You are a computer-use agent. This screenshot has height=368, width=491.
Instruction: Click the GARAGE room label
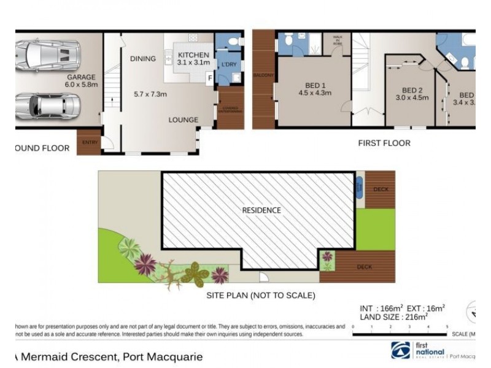pos(82,77)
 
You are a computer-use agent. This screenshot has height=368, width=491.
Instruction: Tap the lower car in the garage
pos(48,106)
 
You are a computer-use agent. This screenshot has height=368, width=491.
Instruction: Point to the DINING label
pos(142,59)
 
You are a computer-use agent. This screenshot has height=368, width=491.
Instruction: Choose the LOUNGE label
pos(184,120)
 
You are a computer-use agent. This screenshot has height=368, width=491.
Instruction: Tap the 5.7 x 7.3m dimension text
pos(151,94)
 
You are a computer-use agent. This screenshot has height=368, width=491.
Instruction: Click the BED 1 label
pos(315,85)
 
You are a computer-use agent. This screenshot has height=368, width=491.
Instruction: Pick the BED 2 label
pos(406,89)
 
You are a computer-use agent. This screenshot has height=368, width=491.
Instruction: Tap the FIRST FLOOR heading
pos(384,144)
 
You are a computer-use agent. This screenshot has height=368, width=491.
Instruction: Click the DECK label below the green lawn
pos(365,267)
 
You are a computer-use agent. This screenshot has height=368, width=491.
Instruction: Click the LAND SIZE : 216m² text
pos(397,317)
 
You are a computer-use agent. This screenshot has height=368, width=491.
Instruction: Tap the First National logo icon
pos(402,350)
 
